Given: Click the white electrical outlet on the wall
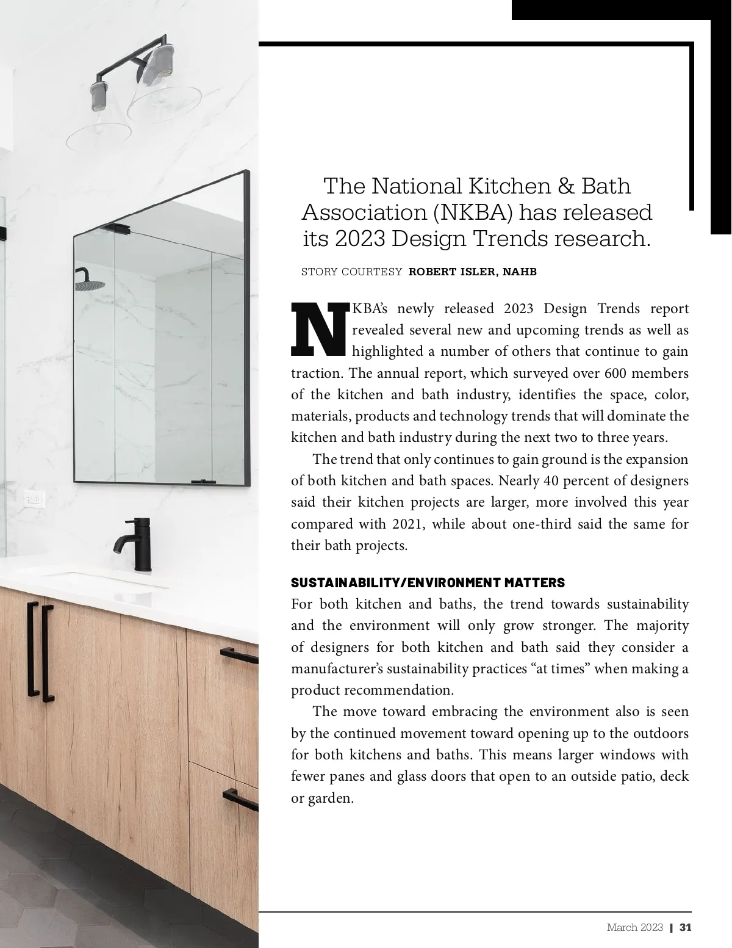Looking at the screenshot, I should pyautogui.click(x=33, y=499).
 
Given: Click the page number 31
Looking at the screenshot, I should pyautogui.click(x=685, y=927).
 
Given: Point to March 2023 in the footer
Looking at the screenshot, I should pyautogui.click(x=634, y=927).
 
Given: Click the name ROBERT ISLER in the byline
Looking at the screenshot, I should pyautogui.click(x=452, y=272).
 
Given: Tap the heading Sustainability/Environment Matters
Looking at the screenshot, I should pyautogui.click(x=428, y=582).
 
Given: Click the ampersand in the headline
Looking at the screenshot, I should pyautogui.click(x=553, y=186).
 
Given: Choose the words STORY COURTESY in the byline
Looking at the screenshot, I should pyautogui.click(x=351, y=272).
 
